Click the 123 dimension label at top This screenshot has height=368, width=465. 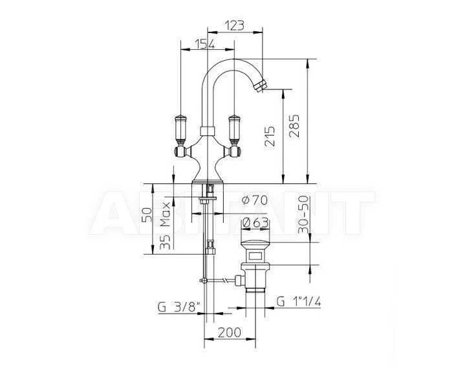click(x=235, y=25)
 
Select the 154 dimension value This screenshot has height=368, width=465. click(x=205, y=44)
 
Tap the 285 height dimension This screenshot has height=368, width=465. click(x=294, y=126)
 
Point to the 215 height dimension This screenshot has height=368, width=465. click(x=270, y=136)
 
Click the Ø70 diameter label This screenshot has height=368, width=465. click(x=254, y=200)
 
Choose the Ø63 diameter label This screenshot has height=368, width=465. click(x=255, y=223)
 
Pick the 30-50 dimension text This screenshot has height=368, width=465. click(x=303, y=214)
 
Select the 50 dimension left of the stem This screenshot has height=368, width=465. click(x=147, y=214)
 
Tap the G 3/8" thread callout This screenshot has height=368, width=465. click(x=179, y=307)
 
